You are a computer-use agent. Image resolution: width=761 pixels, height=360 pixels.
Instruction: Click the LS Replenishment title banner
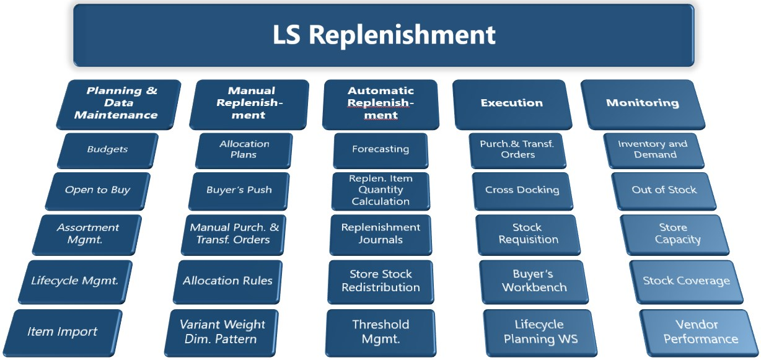coord(384,35)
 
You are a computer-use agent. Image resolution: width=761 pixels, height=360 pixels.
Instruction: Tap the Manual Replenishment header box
coord(249,103)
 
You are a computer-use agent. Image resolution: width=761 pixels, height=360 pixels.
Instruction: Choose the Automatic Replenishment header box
coord(381,103)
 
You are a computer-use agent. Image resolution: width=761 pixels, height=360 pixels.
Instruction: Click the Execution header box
coord(511,103)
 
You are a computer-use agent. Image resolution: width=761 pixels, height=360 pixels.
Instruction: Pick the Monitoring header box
coord(642,103)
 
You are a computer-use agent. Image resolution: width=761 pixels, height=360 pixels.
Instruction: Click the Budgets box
coord(108,150)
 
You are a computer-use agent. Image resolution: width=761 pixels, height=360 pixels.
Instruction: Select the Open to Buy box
coord(97,190)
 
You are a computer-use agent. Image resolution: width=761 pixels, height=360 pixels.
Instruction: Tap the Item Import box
coord(62,332)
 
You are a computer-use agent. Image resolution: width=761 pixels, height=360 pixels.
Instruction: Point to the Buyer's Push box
coord(239,190)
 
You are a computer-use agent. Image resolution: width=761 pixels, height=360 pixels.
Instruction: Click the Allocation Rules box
coord(227,281)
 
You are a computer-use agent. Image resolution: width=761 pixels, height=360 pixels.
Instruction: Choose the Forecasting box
coord(381,150)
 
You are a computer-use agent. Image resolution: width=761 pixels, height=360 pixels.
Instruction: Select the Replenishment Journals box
coord(381,234)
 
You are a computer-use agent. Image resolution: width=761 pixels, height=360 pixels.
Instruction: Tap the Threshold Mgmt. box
coord(381,332)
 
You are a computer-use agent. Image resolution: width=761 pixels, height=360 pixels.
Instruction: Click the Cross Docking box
coord(522,190)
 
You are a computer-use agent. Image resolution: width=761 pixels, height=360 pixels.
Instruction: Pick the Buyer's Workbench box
coord(534,281)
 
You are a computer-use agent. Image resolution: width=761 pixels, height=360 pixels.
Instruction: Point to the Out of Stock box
coord(664,190)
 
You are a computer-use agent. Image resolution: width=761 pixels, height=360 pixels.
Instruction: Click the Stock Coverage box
coord(686,281)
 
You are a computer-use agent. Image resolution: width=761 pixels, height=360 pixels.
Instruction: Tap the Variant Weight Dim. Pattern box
coord(222,332)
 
